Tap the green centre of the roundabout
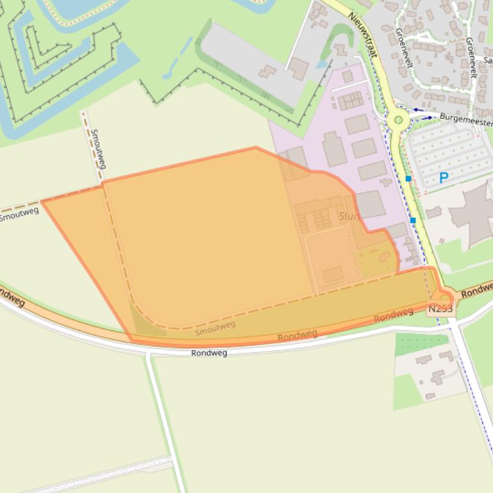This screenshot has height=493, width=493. click(398, 120)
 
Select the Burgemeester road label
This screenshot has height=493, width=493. click(466, 120)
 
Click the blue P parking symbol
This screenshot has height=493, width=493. click(443, 177)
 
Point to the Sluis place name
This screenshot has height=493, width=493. click(350, 216)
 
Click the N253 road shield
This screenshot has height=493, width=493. click(440, 309)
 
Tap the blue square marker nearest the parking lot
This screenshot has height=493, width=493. click(408, 179)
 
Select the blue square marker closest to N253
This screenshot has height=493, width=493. click(413, 220)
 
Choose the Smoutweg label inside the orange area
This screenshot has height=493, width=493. click(215, 327)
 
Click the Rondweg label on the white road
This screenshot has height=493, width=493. click(209, 353)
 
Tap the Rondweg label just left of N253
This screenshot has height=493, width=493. click(393, 314)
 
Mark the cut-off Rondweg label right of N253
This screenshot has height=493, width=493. click(477, 289)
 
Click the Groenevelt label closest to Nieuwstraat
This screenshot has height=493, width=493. click(404, 49)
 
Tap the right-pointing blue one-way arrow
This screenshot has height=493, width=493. click(427, 118)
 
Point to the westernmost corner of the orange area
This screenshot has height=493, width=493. click(42, 202)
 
